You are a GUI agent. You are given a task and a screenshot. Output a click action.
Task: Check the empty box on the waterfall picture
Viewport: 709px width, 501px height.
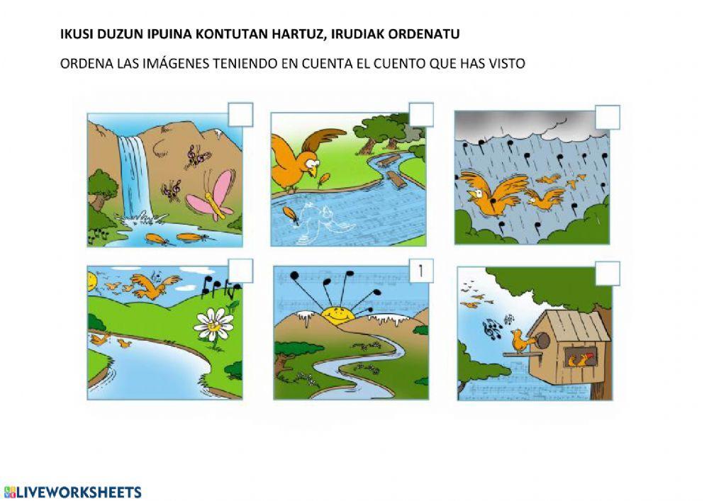point(240,115)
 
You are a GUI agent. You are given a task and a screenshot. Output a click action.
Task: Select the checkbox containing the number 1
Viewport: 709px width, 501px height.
point(421,271)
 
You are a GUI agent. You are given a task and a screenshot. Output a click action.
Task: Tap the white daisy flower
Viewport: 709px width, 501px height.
point(213,325)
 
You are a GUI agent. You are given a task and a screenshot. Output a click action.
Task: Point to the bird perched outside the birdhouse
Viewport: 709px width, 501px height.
point(520,340)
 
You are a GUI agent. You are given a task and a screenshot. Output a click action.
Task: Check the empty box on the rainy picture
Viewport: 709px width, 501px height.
point(608,118)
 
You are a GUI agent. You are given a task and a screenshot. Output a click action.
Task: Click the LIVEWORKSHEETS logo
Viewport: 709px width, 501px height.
point(72,492)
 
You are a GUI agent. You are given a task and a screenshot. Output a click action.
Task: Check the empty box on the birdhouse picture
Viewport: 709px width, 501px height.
point(608,274)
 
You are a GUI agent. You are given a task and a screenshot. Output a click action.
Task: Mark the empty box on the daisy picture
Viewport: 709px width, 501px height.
point(240,271)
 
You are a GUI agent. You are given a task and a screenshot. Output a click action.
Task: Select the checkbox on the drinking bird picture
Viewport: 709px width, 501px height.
point(421,115)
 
